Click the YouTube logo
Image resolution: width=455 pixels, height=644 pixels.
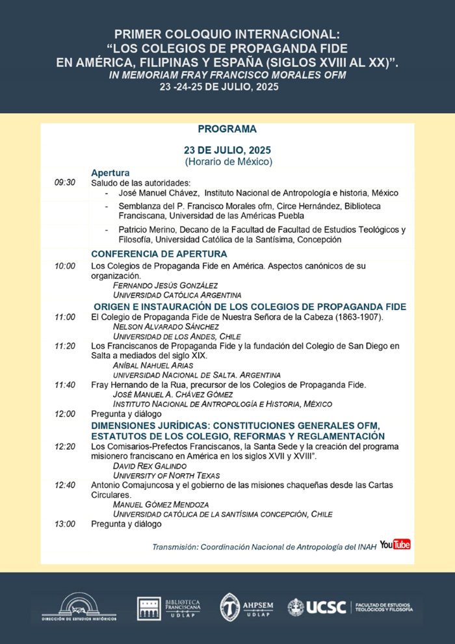tap(395, 544)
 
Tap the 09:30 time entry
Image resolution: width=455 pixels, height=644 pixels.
tap(65, 183)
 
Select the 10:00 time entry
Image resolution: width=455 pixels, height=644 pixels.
tap(65, 266)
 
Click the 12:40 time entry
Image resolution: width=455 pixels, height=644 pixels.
tap(65, 485)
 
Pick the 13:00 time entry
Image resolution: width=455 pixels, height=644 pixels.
tap(65, 524)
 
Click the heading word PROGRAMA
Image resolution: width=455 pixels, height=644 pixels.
tap(227, 129)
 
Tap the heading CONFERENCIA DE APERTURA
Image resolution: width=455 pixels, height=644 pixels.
tap(159, 253)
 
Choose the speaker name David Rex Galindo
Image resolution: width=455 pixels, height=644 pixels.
tap(149, 467)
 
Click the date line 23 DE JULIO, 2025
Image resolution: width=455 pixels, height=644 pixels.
tap(227, 150)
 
